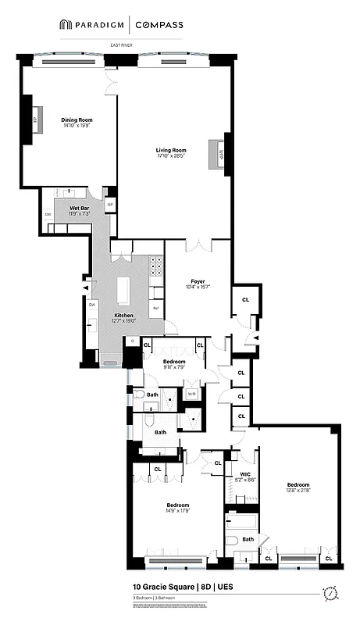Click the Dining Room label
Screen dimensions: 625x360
[x=77, y=120]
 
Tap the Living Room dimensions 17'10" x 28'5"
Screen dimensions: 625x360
[x=170, y=156]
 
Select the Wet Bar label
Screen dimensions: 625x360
[x=79, y=207]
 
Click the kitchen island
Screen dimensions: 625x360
[x=123, y=291]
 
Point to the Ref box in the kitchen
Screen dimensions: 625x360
[x=156, y=308]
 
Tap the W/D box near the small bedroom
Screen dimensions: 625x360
[x=191, y=395]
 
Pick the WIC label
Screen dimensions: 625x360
[x=244, y=473]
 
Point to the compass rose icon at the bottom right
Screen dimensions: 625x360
[x=331, y=592]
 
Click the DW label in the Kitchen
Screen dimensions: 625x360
[x=92, y=305]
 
